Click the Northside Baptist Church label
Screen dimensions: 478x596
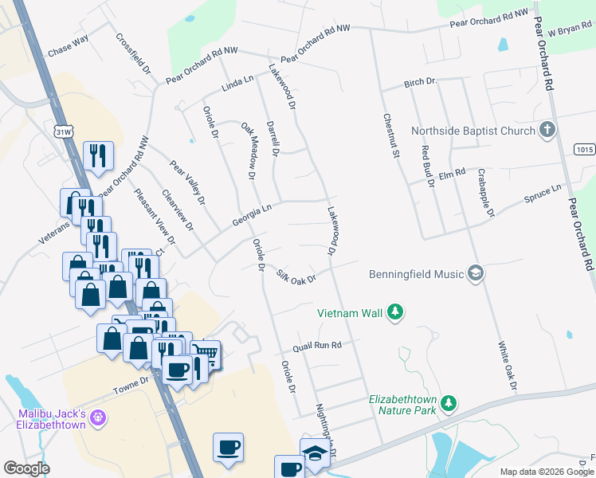[x=472, y=131]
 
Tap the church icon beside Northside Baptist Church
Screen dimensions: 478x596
[x=547, y=130]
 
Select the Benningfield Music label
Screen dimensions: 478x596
[x=416, y=274]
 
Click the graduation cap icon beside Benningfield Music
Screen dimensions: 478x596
[x=476, y=274]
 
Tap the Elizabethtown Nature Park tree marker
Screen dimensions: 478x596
[x=449, y=403]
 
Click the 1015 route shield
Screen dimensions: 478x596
[x=584, y=149]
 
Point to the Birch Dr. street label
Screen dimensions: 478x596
[x=421, y=82]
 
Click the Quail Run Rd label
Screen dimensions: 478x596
[x=316, y=346]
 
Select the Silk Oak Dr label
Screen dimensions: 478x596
[x=296, y=276]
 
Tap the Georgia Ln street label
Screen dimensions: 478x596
[x=252, y=213]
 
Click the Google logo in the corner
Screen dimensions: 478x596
[x=26, y=468]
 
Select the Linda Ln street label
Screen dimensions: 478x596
[x=237, y=82]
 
